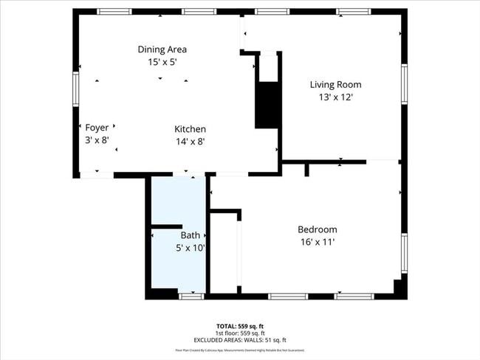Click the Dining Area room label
[162, 49]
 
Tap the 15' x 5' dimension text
[162, 63]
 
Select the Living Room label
[335, 85]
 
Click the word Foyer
[97, 128]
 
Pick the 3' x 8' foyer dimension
[97, 140]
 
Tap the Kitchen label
[190, 129]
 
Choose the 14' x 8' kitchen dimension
[190, 142]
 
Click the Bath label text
[190, 235]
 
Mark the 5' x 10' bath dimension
[190, 249]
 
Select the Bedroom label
[317, 229]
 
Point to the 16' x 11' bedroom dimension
[317, 242]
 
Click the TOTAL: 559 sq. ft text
[240, 325]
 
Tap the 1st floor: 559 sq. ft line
[240, 333]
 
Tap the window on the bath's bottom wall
[191, 296]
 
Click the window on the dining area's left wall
[75, 89]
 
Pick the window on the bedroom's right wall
[404, 253]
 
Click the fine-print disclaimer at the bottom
[240, 350]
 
